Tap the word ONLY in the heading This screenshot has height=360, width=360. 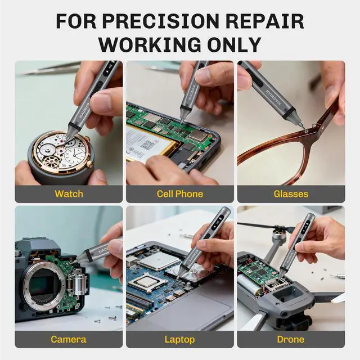tap(233, 44)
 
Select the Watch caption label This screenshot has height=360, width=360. tap(69, 194)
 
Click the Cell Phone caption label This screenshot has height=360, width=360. tap(180, 194)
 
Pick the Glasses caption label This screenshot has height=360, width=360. tap(291, 194)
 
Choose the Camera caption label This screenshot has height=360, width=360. tap(69, 339)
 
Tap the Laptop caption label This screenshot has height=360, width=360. tap(180, 339)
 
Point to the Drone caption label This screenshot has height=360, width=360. tap(291, 339)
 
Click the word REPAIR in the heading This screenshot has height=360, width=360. tap(265, 21)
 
